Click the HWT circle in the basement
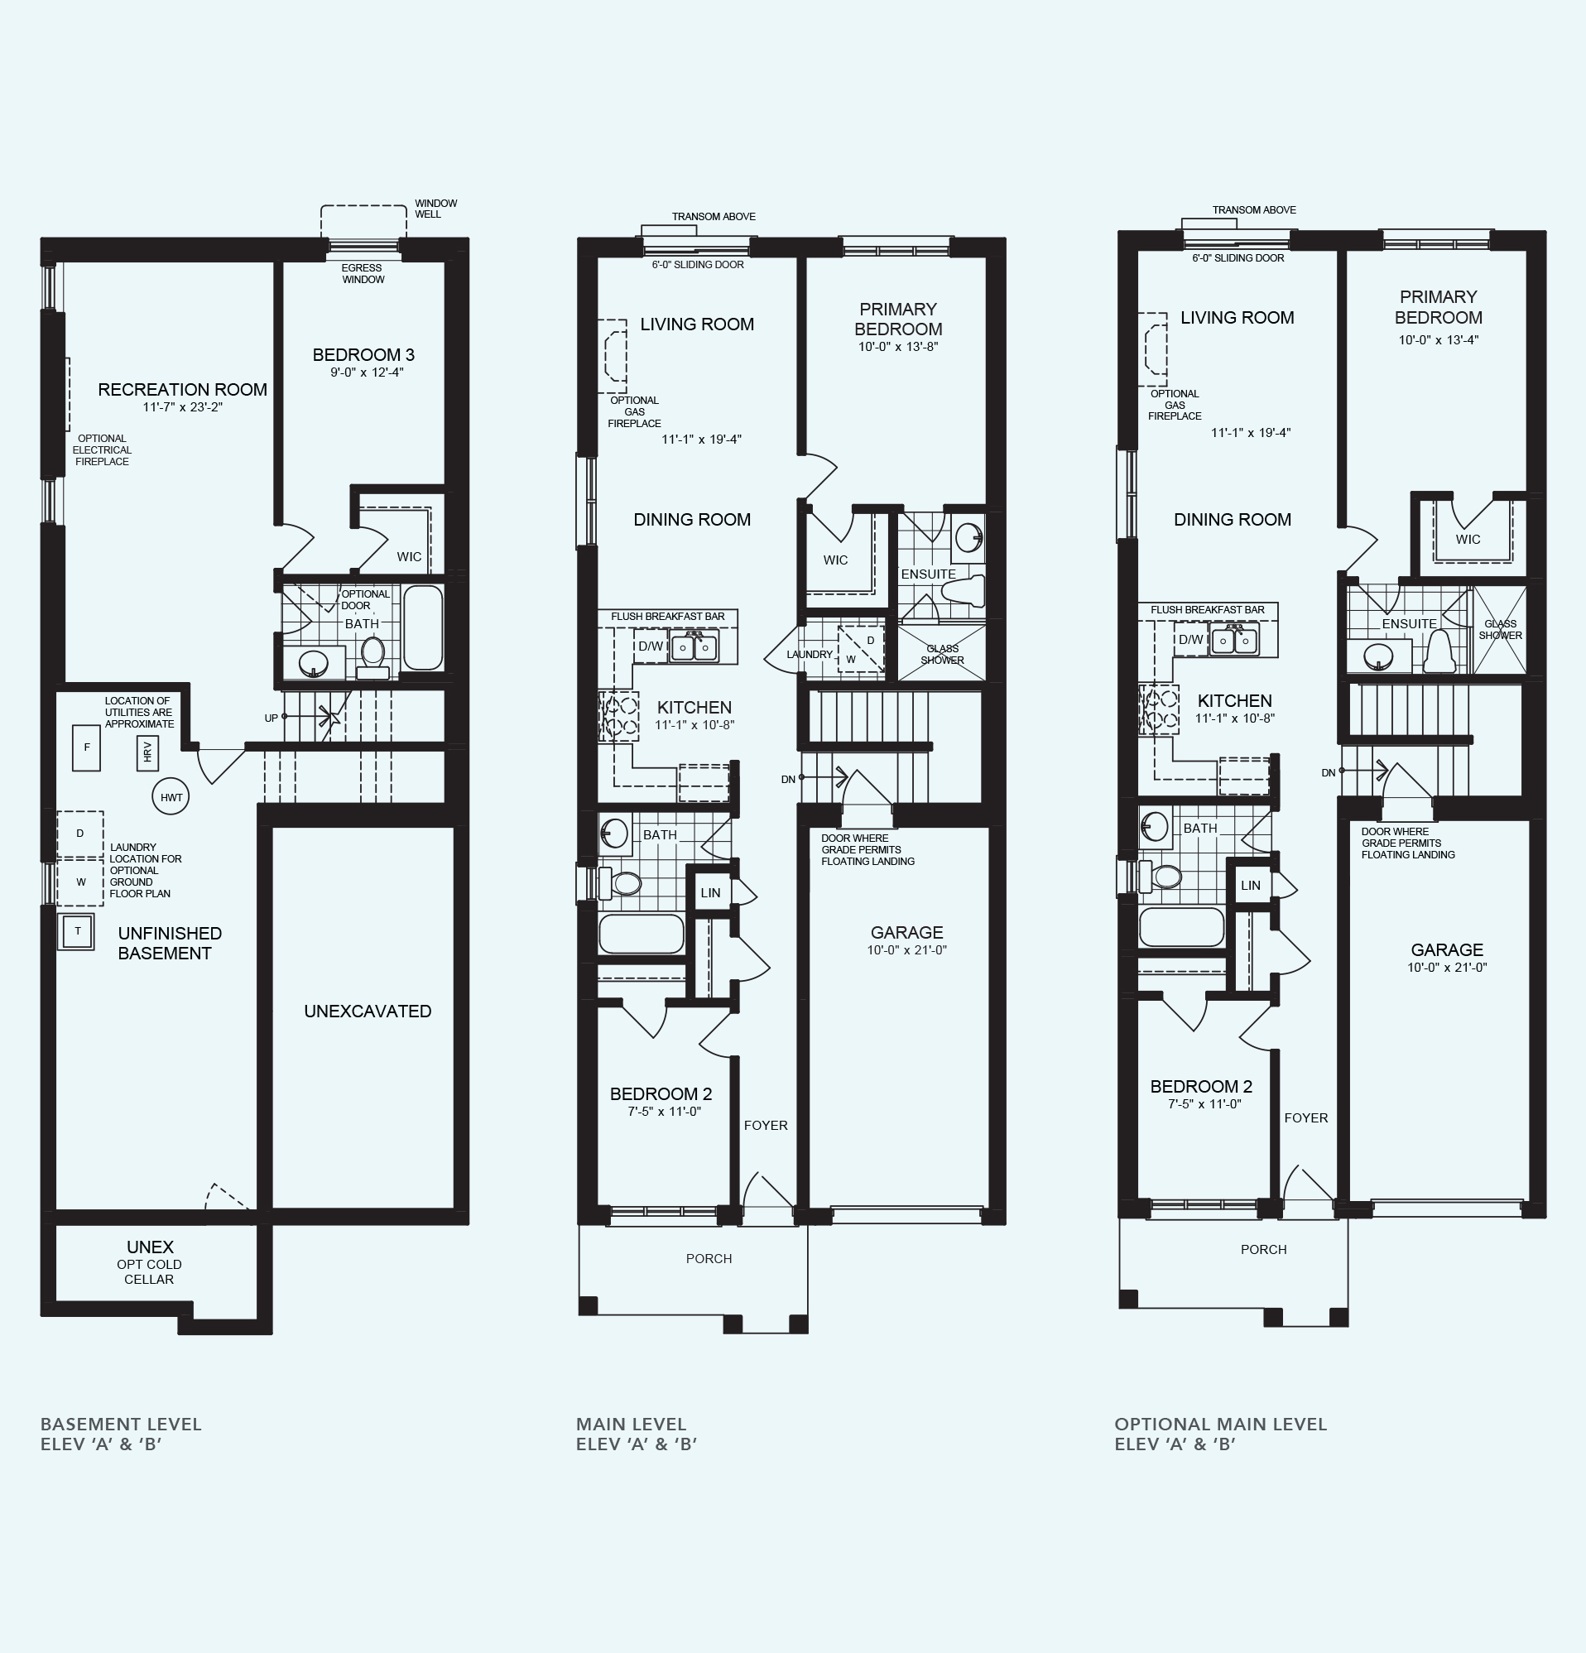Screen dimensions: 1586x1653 coord(171,797)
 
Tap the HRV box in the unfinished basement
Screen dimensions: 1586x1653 coord(147,752)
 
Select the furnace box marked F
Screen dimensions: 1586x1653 coord(86,748)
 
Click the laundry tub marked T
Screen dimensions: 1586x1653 coord(77,932)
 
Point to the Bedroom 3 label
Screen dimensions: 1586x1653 coord(363,355)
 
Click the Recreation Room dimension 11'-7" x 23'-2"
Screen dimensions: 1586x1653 coord(183,407)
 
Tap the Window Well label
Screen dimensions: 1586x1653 coord(436,209)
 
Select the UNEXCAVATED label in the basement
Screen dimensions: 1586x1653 coord(368,1012)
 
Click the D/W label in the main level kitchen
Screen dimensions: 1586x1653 coord(650,646)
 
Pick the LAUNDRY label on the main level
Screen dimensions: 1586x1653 coord(810,655)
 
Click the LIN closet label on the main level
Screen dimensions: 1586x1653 coord(711,892)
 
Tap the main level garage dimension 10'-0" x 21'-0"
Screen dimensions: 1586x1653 coord(907,950)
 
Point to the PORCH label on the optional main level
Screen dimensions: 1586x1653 coord(1264,1249)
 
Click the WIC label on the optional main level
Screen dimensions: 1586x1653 coord(1468,540)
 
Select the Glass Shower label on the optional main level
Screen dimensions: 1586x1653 coord(1501,630)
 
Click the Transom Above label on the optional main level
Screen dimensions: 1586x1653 coord(1255,210)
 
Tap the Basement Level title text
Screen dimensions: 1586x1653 coord(122,1425)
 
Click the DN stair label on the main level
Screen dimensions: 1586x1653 coord(788,779)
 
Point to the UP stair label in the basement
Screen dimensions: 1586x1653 coord(272,718)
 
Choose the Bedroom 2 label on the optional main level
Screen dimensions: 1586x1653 coord(1202,1086)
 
